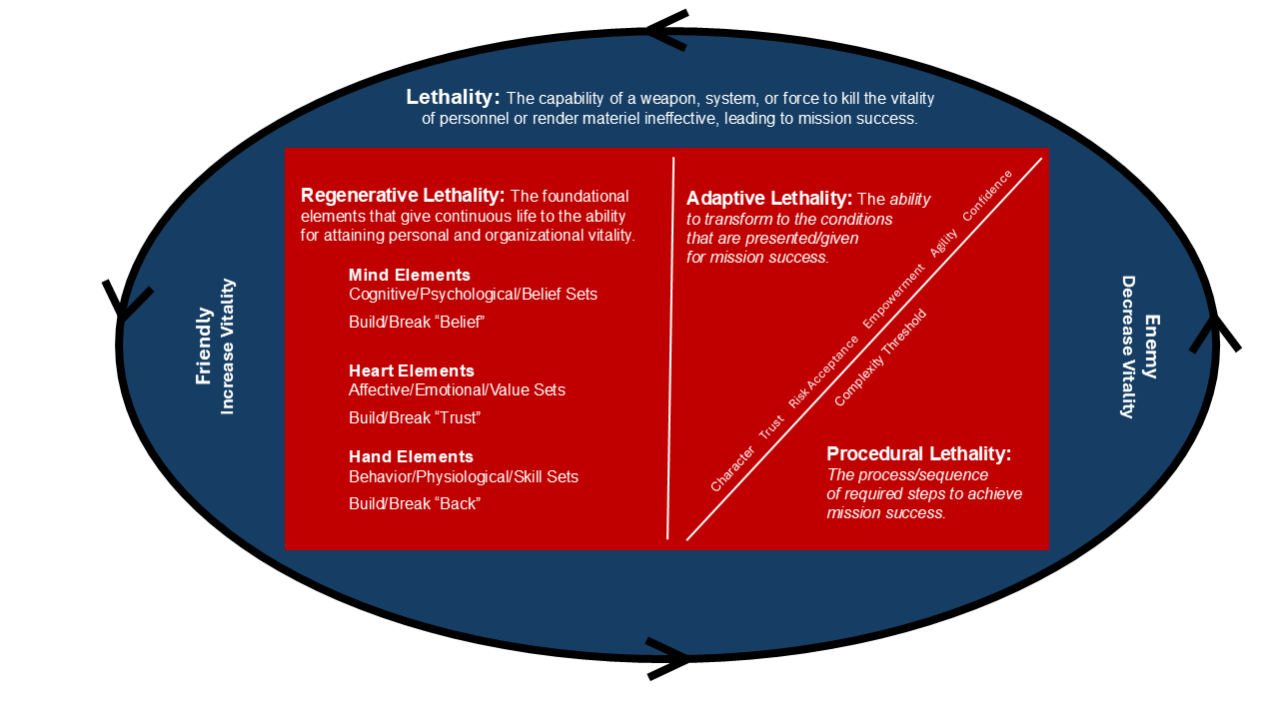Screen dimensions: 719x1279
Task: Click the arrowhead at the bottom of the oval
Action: (x=669, y=658)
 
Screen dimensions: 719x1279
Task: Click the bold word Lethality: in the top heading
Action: (x=452, y=97)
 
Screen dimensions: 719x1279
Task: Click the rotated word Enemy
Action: (x=1151, y=347)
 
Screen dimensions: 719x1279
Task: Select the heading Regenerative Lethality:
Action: (x=403, y=196)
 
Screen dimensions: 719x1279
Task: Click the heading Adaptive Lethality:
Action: (x=768, y=199)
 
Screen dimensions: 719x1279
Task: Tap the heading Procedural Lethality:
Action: (x=918, y=454)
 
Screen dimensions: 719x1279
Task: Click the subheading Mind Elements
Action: (x=409, y=275)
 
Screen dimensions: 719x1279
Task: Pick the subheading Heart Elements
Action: (x=411, y=370)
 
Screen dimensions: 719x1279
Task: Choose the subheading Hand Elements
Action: (x=411, y=456)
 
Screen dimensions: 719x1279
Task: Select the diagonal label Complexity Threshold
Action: (x=880, y=358)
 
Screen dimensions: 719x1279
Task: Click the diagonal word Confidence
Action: (x=987, y=196)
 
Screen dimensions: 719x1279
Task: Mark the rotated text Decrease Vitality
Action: (x=1128, y=347)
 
